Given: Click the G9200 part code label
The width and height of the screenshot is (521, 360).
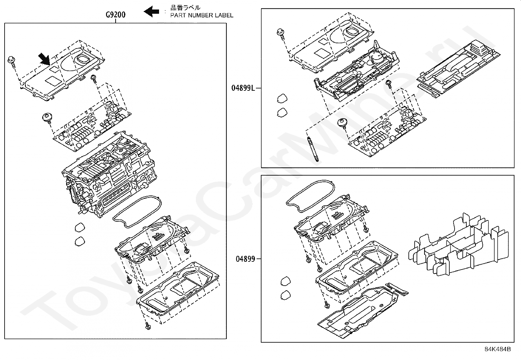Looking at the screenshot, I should point(115,15).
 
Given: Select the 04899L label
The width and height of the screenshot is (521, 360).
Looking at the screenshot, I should point(243,88).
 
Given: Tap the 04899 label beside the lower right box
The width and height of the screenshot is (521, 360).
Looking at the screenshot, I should point(245,259).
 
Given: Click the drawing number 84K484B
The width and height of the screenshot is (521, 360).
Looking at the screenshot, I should point(497,349).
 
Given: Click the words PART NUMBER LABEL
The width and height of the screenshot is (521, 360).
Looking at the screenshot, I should point(202,15).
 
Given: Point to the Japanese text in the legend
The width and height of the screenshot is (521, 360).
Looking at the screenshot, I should point(185,8).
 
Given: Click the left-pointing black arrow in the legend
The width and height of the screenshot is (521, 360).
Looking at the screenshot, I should point(151,11).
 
